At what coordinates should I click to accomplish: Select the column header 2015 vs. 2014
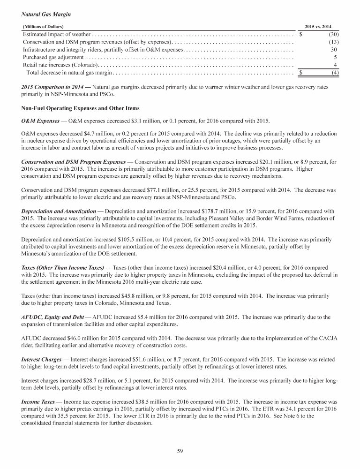tap(322, 26)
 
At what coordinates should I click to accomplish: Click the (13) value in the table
tap(333, 42)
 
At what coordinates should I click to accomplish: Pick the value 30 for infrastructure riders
tap(334, 49)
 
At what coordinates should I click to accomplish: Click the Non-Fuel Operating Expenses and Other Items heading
tap(71, 108)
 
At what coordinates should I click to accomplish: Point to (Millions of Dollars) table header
tap(43, 26)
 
